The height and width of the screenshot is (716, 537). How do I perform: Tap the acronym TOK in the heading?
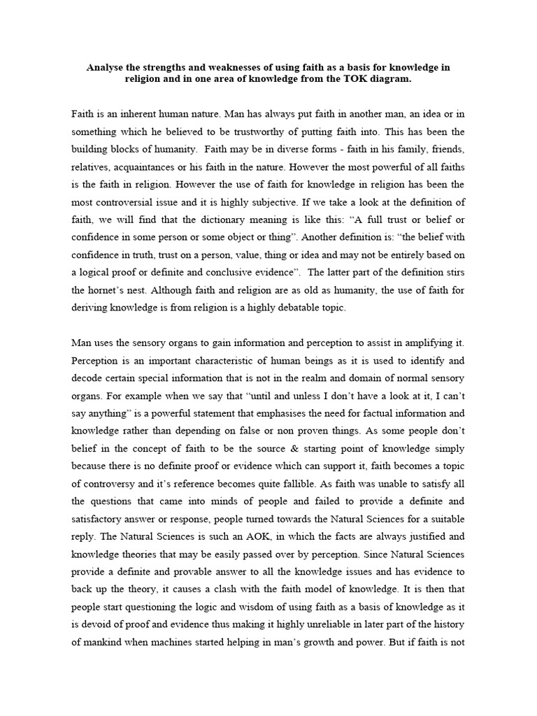click(356, 80)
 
